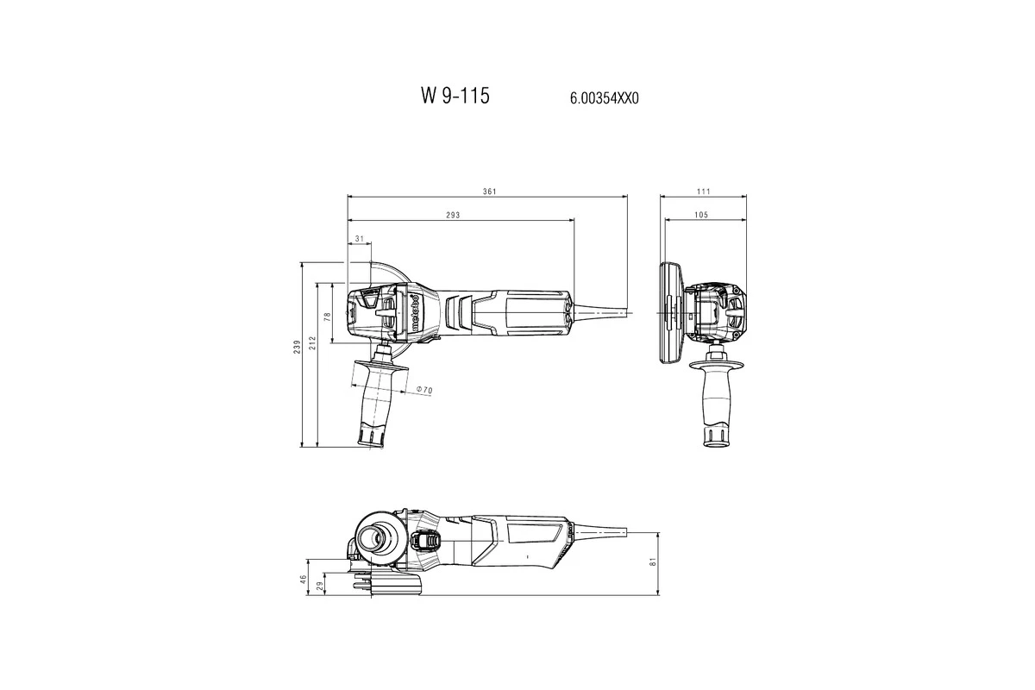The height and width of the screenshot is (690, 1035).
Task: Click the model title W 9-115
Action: (x=455, y=96)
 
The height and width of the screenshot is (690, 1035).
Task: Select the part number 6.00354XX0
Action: (x=604, y=98)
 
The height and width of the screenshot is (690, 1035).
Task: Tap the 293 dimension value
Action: (x=459, y=214)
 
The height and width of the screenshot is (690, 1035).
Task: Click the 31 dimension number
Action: (x=358, y=238)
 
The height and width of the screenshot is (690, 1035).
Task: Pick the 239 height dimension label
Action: (x=297, y=347)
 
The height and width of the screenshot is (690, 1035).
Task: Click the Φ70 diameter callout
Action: (x=424, y=391)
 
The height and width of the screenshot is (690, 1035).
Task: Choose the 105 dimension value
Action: (x=699, y=214)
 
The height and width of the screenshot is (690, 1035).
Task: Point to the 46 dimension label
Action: (x=304, y=580)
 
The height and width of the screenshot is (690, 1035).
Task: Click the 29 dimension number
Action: (x=321, y=586)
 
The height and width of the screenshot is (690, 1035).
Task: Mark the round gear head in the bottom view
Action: (x=376, y=537)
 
